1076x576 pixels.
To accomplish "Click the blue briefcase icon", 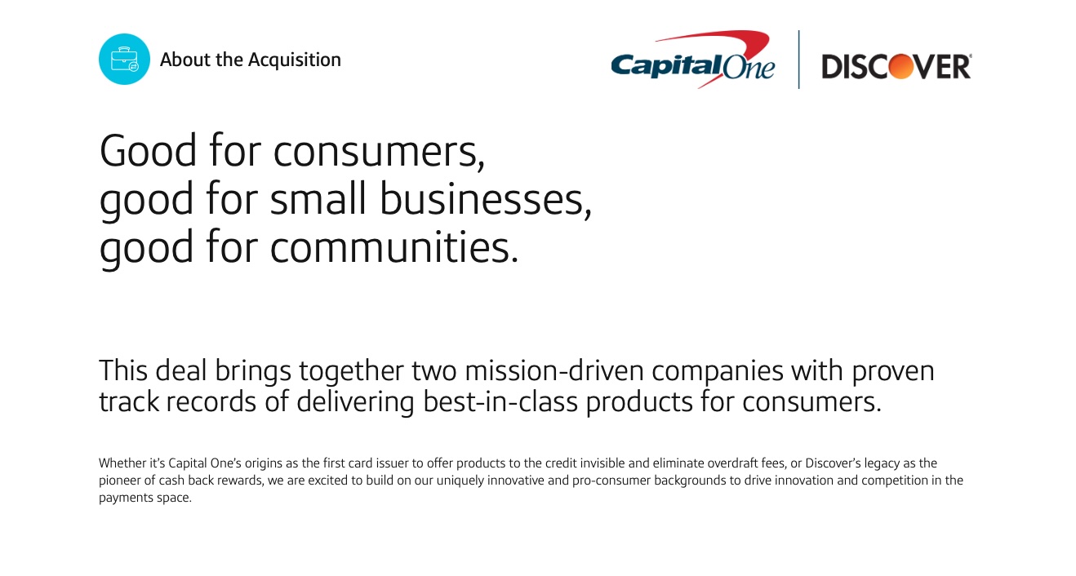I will point(124,60).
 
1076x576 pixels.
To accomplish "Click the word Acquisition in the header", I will point(295,60).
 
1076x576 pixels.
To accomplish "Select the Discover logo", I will point(896,66).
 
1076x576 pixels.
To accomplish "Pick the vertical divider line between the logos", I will point(798,60).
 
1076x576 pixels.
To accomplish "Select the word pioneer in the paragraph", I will point(120,481).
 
